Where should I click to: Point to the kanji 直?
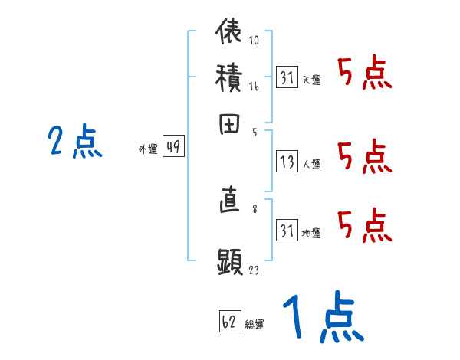(x=230, y=203)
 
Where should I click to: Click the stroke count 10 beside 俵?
(x=255, y=40)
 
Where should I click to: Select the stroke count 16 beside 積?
(x=255, y=87)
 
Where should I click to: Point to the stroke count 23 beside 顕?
(x=255, y=270)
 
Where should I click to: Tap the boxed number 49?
(x=173, y=148)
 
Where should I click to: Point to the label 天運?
(x=311, y=80)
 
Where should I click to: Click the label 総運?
(x=255, y=325)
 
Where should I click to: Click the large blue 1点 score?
(x=322, y=318)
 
